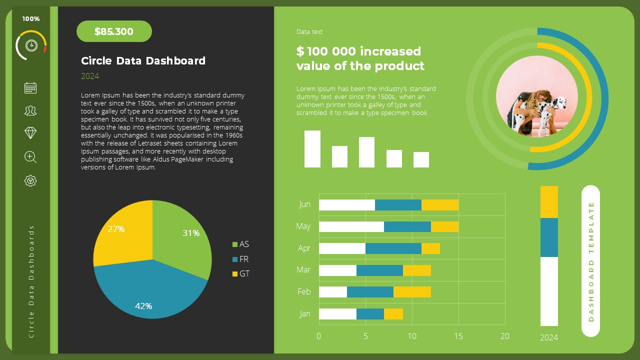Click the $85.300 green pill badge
point(114,31)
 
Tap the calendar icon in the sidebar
point(30,88)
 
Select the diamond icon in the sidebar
point(30,132)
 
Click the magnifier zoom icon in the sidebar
point(30,157)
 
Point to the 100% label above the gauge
point(31,19)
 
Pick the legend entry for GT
point(240,274)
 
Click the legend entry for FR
point(240,259)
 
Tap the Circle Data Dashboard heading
point(143,61)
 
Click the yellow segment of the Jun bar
point(439,204)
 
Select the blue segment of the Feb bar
point(370,291)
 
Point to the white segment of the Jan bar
point(337,313)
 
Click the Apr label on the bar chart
point(304,248)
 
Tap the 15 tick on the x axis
point(458,336)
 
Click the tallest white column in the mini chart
point(312,148)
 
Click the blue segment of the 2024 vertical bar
point(549,237)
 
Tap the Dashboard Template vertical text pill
point(590,261)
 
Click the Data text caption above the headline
point(309,32)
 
